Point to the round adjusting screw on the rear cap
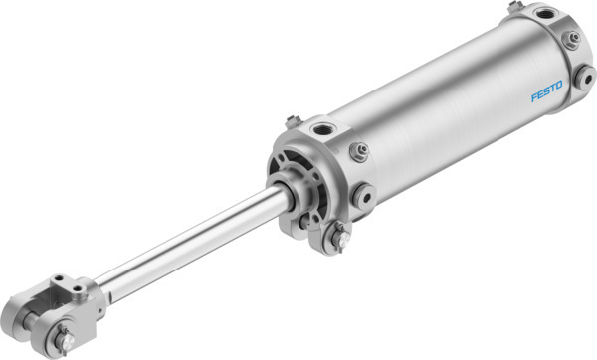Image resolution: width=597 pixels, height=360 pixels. pos(586,75)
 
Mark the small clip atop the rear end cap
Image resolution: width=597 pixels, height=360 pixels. pos(515,7)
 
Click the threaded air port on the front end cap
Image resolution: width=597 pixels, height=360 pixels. pos(323,129)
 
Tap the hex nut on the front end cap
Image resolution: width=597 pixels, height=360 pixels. pos(358,151)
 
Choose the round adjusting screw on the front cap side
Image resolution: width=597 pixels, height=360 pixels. pos(360,195)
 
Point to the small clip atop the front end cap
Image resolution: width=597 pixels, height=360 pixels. pos(293,121)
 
